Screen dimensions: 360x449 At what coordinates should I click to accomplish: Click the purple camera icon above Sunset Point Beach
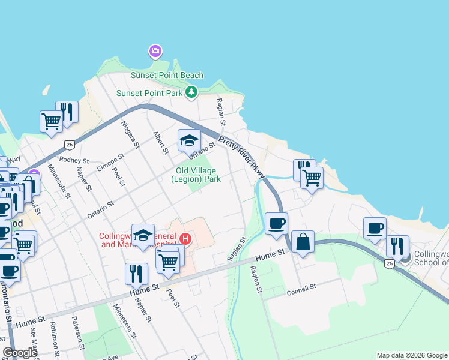click(x=155, y=52)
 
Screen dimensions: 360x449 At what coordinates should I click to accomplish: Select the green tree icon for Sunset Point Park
click(x=191, y=92)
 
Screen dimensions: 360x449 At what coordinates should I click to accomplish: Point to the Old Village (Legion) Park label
click(x=196, y=175)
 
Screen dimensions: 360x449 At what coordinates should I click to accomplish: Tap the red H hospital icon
click(x=185, y=239)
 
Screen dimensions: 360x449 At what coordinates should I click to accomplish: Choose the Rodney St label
click(x=74, y=161)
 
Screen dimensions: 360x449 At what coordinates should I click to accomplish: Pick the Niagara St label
click(x=130, y=134)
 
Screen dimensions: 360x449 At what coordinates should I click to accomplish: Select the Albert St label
click(x=161, y=143)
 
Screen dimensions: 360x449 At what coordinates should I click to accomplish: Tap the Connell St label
click(x=301, y=289)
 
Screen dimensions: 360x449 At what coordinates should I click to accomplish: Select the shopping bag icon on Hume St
click(x=303, y=242)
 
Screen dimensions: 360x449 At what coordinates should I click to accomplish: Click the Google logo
click(x=20, y=353)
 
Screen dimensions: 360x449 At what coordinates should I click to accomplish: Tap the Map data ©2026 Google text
click(x=411, y=355)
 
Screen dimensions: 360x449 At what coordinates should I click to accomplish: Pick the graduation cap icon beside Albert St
click(x=189, y=140)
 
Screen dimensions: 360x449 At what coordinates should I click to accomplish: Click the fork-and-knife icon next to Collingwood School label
click(x=397, y=247)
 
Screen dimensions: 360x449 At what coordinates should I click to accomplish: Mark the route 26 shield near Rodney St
click(x=70, y=144)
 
